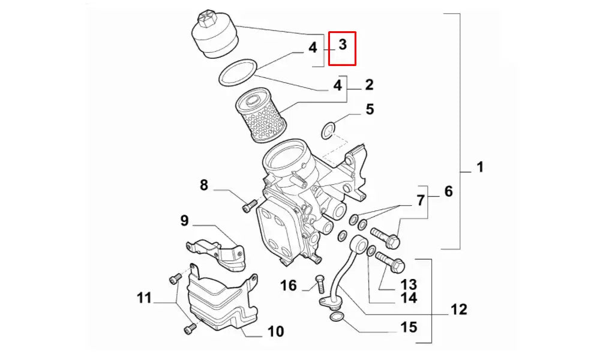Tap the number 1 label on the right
click(480, 167)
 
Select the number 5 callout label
click(370, 109)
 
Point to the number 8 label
click(204, 185)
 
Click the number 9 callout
click(184, 221)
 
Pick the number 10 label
click(275, 331)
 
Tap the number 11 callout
click(144, 297)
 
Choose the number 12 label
click(458, 310)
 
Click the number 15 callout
click(409, 328)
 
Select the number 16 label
click(289, 285)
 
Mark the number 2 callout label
click(369, 85)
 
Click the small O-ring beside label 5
click(328, 129)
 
